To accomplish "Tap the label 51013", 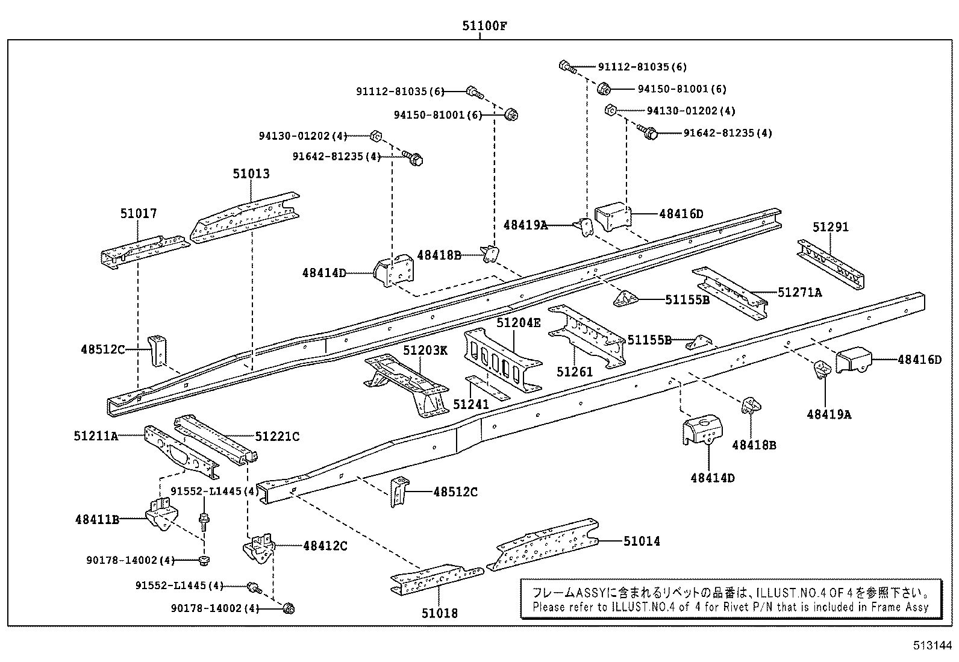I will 251,174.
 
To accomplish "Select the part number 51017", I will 138,213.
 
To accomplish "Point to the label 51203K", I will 425,351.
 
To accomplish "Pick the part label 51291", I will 830,227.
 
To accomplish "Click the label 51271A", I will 799,293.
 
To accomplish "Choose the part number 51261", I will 575,372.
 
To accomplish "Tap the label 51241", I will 470,404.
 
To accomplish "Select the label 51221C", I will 277,436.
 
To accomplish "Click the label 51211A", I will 96,436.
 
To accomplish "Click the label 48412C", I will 325,546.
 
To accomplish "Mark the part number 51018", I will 439,613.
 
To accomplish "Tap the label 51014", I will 642,542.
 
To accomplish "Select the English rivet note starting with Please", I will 730,607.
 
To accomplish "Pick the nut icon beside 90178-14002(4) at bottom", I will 288,608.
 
